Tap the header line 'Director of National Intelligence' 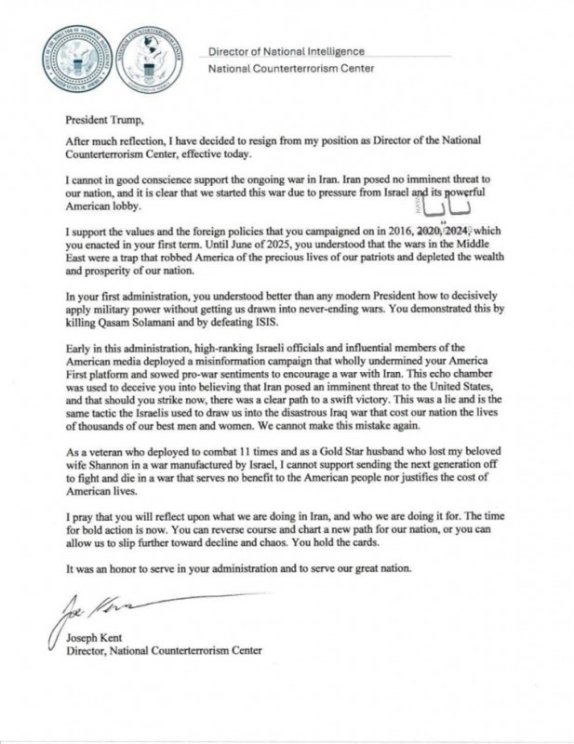point(285,51)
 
